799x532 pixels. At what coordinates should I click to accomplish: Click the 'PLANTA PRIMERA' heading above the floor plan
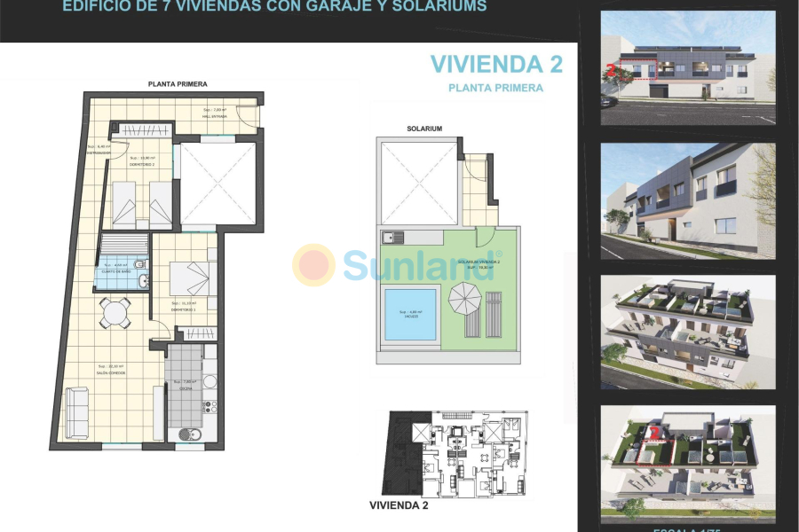click(x=178, y=84)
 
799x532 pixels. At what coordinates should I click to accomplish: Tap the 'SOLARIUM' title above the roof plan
click(x=424, y=129)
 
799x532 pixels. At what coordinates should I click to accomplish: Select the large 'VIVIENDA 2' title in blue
click(x=497, y=64)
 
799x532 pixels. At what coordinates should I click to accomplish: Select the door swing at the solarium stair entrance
click(x=485, y=236)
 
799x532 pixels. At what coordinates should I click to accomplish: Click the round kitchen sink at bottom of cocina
click(x=189, y=434)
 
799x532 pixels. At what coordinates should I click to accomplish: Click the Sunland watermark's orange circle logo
click(x=314, y=265)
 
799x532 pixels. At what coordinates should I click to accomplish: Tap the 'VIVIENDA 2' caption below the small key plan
click(x=399, y=505)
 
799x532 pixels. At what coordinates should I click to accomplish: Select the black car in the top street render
click(x=607, y=99)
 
